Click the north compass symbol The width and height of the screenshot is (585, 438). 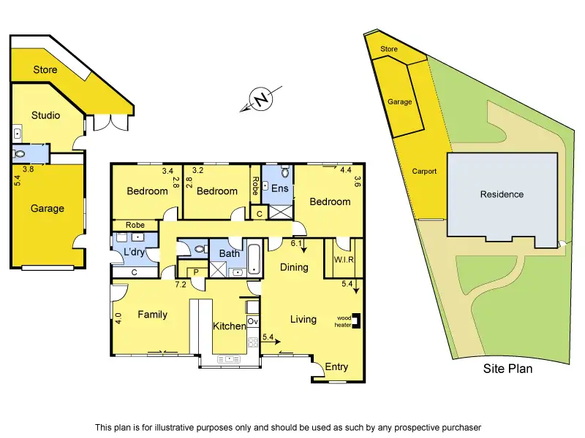(260, 99)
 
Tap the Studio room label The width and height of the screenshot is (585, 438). (45, 115)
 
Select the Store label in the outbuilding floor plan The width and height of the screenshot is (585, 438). (45, 70)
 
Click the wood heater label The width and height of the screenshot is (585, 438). (344, 320)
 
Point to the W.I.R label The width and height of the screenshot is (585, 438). (343, 260)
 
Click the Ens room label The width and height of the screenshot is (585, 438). (280, 188)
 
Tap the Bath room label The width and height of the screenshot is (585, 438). (229, 254)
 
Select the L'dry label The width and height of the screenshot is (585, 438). (134, 252)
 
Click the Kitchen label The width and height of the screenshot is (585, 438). (229, 326)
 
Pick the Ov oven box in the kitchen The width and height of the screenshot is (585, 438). (253, 321)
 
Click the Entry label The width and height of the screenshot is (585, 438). (336, 367)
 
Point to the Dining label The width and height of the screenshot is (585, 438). (294, 267)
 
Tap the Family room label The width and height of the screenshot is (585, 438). (152, 315)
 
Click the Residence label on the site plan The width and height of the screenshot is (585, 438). (502, 194)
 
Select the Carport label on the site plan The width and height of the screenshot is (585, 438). (424, 172)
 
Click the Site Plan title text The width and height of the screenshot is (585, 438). (507, 369)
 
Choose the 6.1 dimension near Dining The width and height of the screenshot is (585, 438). (296, 244)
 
